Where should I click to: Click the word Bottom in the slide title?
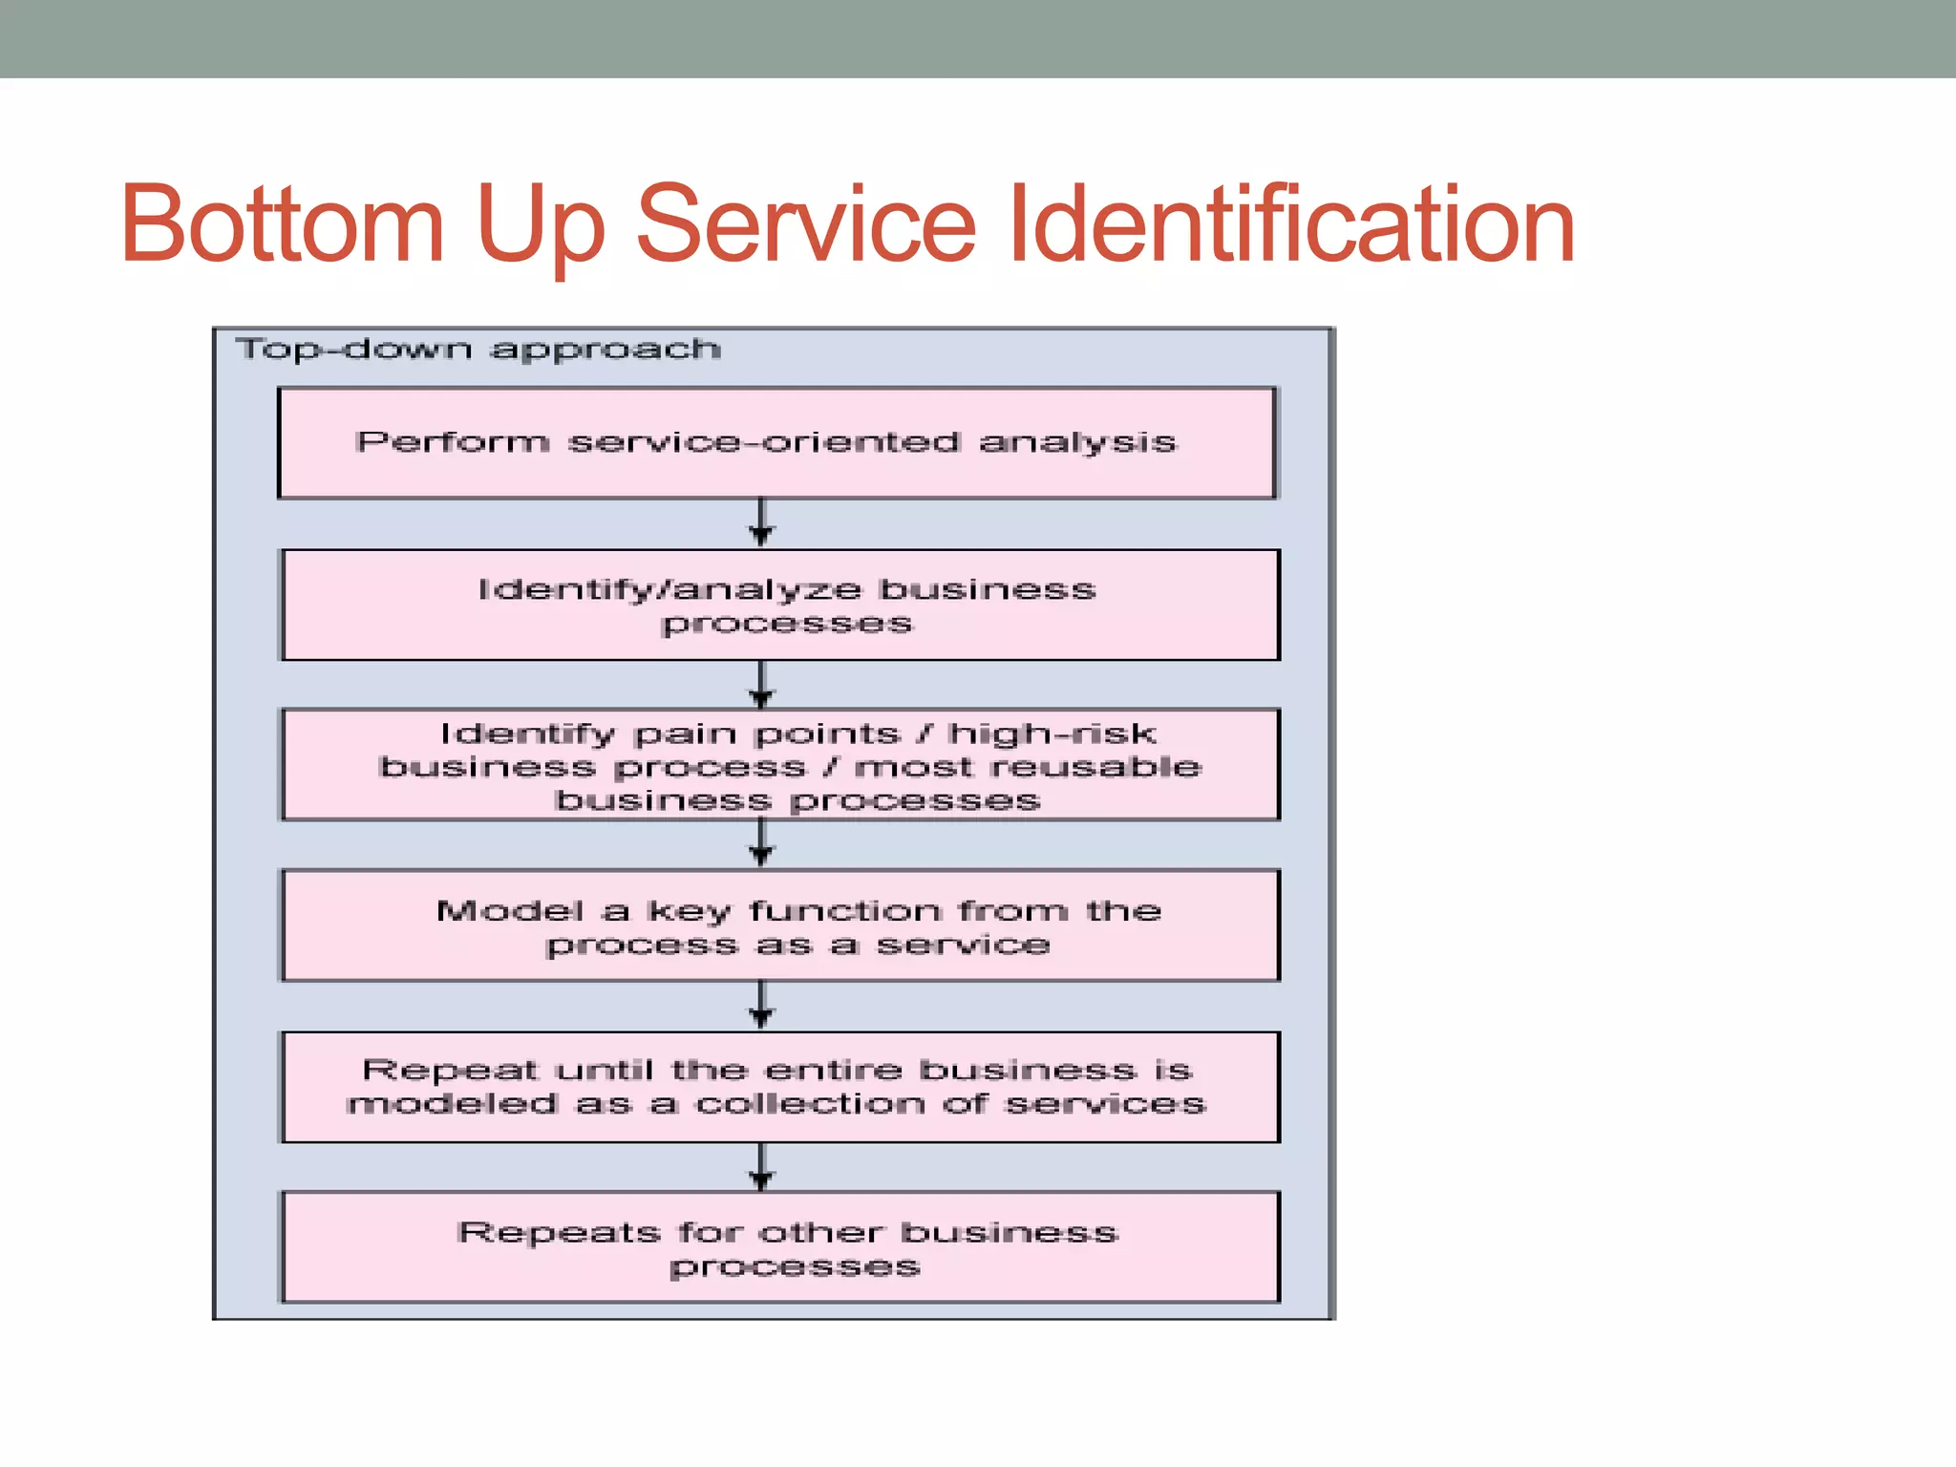pos(283,224)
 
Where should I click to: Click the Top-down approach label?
pos(478,350)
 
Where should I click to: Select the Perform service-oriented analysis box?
pos(776,443)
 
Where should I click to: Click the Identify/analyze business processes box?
pos(780,606)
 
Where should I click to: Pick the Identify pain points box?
pos(780,765)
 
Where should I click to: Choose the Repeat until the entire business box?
pos(780,1087)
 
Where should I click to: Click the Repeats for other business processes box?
pos(780,1247)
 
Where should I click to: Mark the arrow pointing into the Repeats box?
pos(761,1167)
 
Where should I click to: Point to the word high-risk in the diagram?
pos(1052,733)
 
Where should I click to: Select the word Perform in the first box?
pos(453,442)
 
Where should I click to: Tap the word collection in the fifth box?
pos(810,1104)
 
